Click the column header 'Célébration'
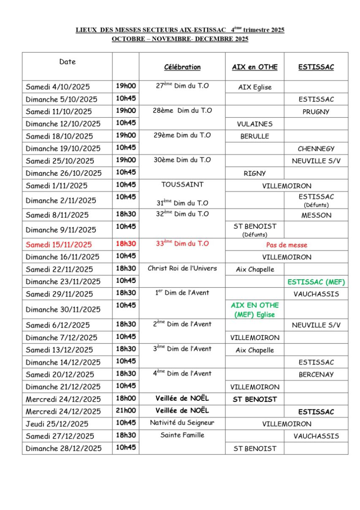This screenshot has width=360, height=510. click(x=182, y=67)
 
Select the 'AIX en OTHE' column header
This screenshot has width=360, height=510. click(x=254, y=67)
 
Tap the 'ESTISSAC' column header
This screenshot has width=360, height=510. click(x=316, y=67)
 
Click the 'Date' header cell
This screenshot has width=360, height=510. click(x=68, y=62)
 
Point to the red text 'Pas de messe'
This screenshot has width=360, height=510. click(x=287, y=245)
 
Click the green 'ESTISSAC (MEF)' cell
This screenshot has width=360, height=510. click(x=316, y=282)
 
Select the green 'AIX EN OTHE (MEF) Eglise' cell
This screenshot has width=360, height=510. click(x=254, y=310)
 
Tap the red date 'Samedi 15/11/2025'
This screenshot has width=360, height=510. click(x=59, y=245)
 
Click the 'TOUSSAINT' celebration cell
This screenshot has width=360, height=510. click(x=182, y=184)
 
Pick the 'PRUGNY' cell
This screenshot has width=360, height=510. click(x=316, y=112)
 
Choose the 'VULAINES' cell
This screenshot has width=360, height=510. click(x=254, y=124)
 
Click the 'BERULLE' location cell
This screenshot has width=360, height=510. click(x=254, y=136)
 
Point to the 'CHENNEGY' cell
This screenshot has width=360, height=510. click(x=316, y=148)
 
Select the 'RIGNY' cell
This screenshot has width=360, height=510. click(x=254, y=173)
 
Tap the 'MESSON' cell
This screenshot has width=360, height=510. click(x=316, y=215)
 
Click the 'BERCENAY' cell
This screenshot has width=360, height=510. click(x=316, y=374)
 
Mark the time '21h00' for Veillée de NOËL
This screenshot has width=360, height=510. click(x=126, y=410)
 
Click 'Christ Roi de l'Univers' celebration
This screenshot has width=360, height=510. click(x=182, y=268)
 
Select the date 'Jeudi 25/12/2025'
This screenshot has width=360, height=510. click(x=57, y=424)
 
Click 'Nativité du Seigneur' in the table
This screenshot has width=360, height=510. click(x=182, y=423)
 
